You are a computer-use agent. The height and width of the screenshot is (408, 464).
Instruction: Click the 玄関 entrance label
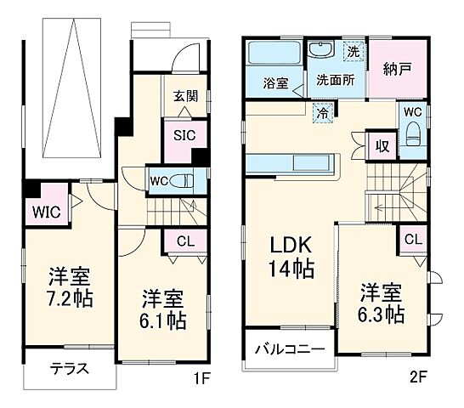click(x=186, y=96)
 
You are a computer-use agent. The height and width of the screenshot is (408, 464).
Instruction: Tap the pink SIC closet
click(x=185, y=134)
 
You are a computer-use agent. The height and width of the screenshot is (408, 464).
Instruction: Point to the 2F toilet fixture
click(x=414, y=134)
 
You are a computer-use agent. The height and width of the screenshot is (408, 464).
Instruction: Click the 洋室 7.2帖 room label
click(x=70, y=287)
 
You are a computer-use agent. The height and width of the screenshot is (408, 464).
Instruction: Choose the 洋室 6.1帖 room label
click(x=163, y=309)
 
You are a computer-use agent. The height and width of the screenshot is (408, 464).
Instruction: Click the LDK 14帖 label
click(x=293, y=258)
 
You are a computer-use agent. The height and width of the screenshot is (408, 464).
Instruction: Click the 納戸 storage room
click(x=393, y=69)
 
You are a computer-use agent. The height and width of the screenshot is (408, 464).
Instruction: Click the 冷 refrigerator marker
click(x=322, y=111)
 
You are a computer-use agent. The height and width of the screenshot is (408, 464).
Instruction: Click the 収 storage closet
click(x=382, y=144)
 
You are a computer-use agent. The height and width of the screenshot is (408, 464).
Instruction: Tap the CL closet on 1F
click(x=185, y=241)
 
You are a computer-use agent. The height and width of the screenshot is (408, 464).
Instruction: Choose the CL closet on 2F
click(x=413, y=240)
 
